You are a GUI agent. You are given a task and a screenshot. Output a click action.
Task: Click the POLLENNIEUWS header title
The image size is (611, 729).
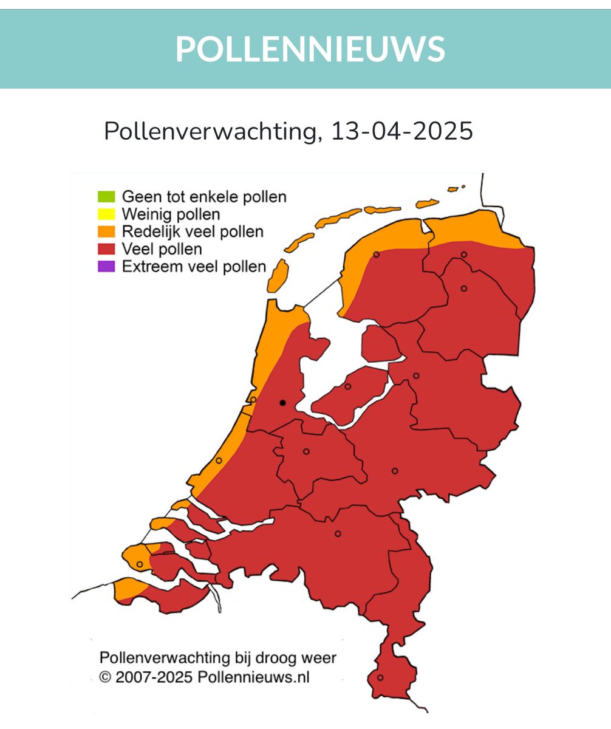[310, 49]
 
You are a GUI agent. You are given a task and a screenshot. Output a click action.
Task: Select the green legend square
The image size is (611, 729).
[106, 197]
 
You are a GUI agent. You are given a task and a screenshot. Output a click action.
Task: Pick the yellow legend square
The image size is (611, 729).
[106, 214]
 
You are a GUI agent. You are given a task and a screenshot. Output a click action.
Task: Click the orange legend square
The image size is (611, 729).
[106, 231]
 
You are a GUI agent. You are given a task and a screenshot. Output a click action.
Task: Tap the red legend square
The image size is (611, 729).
[106, 249]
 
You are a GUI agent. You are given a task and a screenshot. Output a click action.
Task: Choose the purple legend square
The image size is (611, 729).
[106, 267]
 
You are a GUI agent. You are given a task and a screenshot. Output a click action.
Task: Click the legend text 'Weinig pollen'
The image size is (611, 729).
[171, 214]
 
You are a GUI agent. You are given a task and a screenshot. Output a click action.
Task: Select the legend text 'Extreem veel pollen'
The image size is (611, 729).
[194, 267]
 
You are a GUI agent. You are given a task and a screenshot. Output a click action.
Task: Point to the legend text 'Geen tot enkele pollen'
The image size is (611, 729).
[204, 197]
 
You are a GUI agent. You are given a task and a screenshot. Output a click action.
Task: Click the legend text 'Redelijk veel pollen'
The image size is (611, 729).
[193, 231]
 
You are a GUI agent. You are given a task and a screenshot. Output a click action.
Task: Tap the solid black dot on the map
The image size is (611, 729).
[282, 403]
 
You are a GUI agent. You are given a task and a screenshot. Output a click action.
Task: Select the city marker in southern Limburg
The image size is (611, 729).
[380, 677]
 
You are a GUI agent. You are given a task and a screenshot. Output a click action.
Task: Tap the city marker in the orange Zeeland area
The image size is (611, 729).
[140, 564]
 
